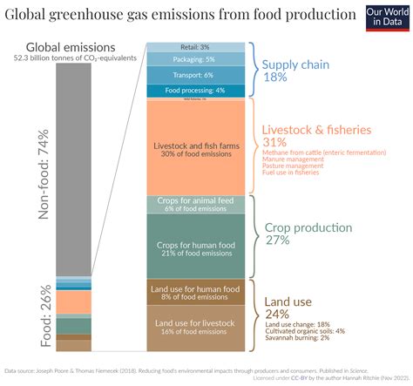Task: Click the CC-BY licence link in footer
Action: point(296,378)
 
